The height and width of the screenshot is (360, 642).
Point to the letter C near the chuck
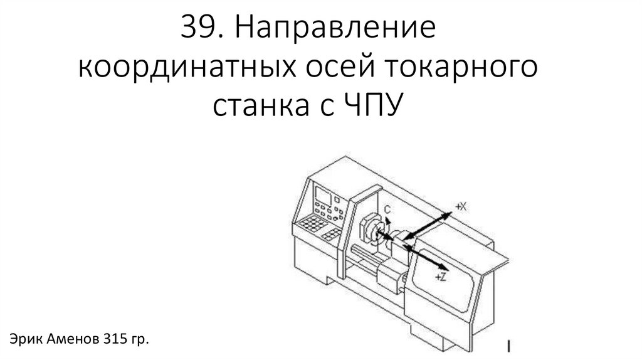(x=388, y=209)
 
